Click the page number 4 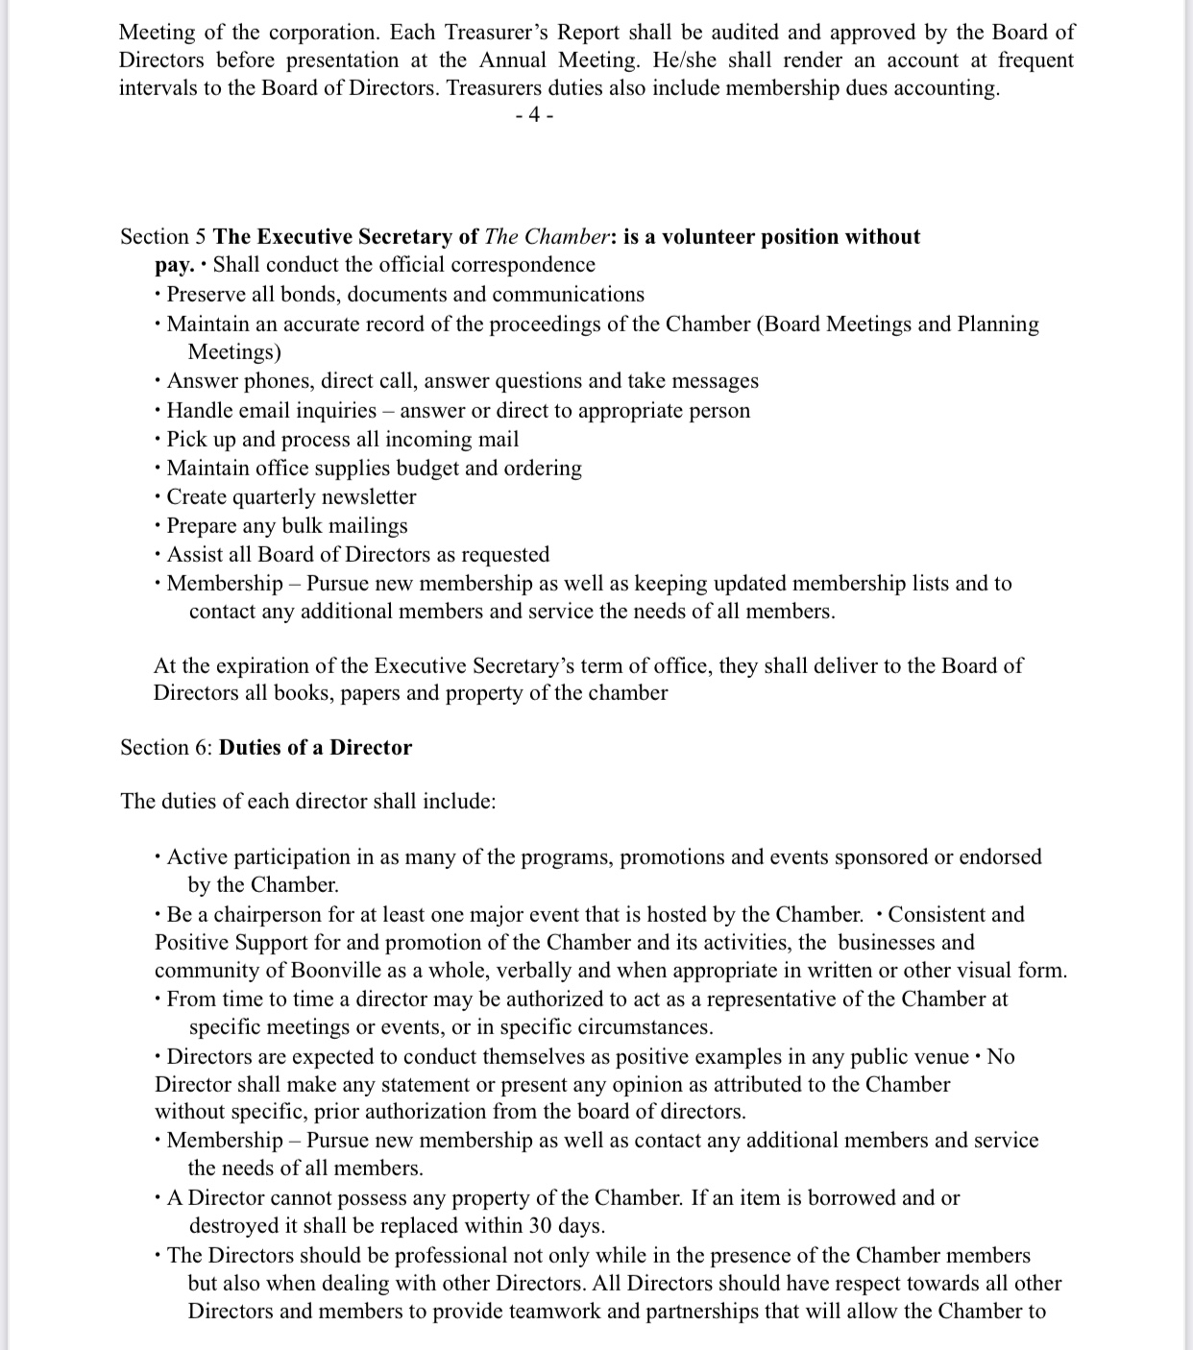pyautogui.click(x=534, y=115)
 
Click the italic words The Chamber pyautogui.click(x=546, y=237)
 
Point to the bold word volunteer pyautogui.click(x=706, y=237)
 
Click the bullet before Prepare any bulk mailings pyautogui.click(x=158, y=526)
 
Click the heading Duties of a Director pyautogui.click(x=315, y=748)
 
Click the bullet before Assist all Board pyautogui.click(x=158, y=555)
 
